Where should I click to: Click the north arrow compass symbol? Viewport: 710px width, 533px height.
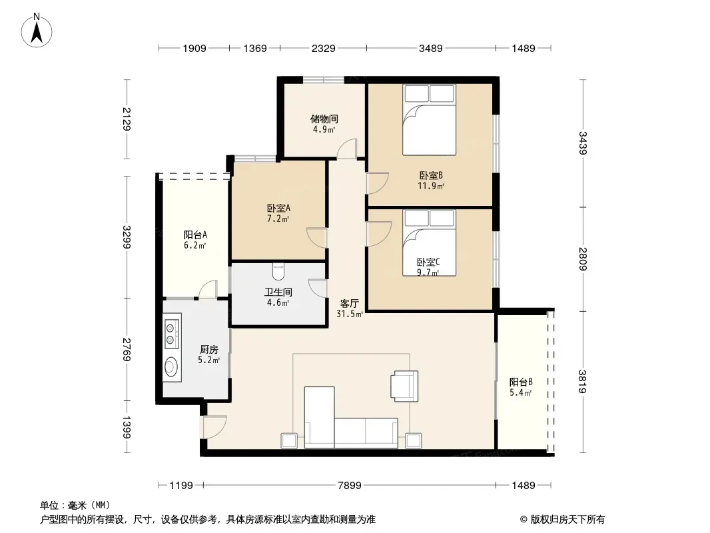(x=37, y=31)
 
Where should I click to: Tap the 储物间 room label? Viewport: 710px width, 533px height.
(x=324, y=119)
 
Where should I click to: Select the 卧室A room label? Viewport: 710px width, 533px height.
(x=278, y=209)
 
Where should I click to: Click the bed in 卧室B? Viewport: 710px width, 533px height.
(x=429, y=120)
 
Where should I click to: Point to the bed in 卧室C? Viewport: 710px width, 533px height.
(x=429, y=243)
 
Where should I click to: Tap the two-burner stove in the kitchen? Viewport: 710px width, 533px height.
(x=171, y=334)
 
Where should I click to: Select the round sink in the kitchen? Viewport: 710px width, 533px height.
(x=171, y=367)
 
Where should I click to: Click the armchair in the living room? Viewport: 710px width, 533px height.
(x=405, y=386)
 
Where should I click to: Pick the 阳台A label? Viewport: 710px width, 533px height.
(x=195, y=235)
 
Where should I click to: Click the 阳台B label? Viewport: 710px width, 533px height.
(x=521, y=382)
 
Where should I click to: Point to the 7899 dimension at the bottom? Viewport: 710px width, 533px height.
(x=350, y=486)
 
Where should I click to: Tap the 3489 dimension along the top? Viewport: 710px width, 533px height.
(x=431, y=48)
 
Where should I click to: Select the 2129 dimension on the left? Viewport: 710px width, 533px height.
(x=127, y=119)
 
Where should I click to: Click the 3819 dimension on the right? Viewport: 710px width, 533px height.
(x=582, y=382)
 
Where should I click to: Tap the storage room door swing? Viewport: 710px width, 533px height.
(x=347, y=149)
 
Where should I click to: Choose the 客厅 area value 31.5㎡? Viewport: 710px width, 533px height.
(x=350, y=314)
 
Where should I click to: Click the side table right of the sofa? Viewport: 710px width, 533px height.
(x=414, y=440)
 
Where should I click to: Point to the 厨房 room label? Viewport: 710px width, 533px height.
(x=208, y=350)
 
